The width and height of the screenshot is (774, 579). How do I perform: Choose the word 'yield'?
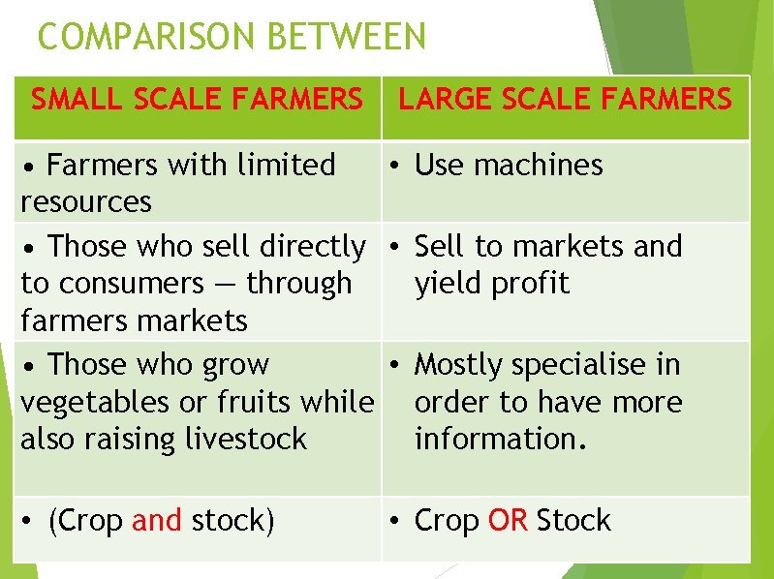pyautogui.click(x=447, y=284)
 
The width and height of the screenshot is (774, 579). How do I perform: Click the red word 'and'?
pyautogui.click(x=156, y=520)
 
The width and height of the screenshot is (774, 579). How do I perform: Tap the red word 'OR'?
pyautogui.click(x=508, y=520)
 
